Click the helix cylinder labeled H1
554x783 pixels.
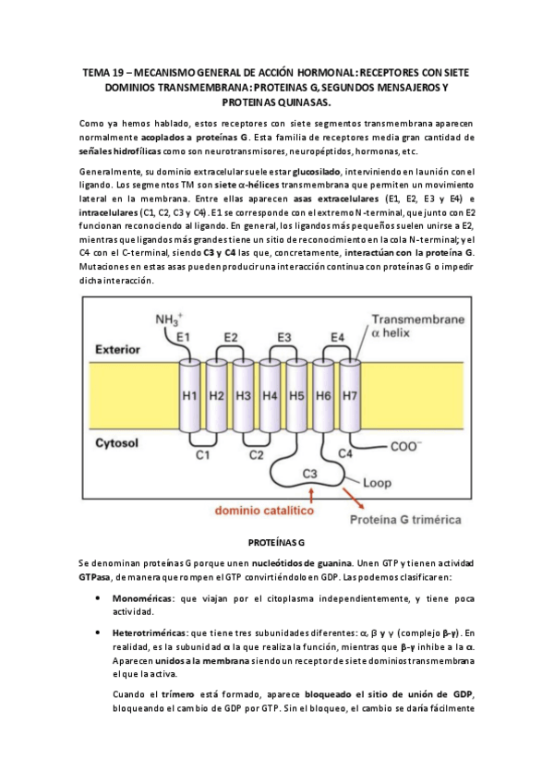click(190, 396)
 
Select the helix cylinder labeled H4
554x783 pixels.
click(271, 396)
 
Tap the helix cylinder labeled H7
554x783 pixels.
click(351, 396)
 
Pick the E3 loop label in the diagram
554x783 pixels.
click(284, 337)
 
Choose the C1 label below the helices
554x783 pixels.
click(203, 454)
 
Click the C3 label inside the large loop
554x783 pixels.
click(314, 475)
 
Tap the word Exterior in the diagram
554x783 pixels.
click(122, 350)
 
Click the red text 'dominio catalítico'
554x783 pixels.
click(263, 510)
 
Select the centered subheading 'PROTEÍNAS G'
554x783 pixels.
click(276, 543)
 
